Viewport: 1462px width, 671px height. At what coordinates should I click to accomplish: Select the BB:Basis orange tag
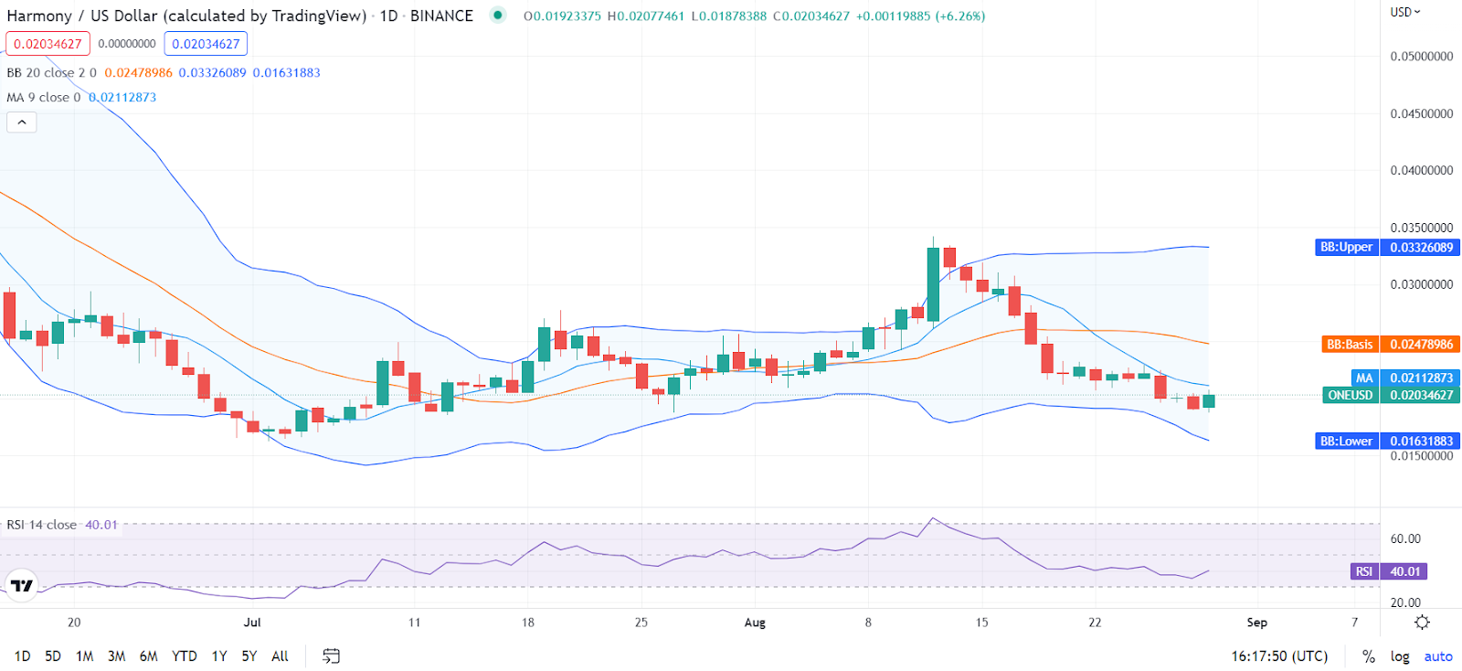point(1350,345)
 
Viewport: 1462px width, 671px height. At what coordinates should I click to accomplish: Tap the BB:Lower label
point(1346,442)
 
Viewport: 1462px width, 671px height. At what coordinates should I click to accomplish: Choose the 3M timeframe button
point(116,656)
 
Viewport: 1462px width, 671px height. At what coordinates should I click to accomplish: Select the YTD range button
point(185,656)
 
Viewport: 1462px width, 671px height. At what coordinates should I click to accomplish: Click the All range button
point(280,656)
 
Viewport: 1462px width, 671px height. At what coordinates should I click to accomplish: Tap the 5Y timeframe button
point(249,656)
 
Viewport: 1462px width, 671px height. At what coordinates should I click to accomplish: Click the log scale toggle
point(1399,656)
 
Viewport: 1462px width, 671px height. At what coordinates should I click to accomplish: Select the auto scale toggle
point(1437,656)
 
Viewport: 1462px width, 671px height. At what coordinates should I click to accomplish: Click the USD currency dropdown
point(1404,12)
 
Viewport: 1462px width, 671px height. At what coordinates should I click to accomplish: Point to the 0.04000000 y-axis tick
point(1421,171)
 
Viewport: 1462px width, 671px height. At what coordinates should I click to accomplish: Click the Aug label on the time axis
point(755,623)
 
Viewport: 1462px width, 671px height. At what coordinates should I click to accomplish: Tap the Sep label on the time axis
point(1257,623)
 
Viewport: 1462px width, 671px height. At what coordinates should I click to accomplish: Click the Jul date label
point(252,623)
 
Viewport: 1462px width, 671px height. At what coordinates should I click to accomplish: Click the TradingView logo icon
point(22,585)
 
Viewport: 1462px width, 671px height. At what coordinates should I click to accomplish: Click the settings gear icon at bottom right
point(1422,623)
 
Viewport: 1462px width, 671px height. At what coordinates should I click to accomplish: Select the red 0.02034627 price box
point(48,44)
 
